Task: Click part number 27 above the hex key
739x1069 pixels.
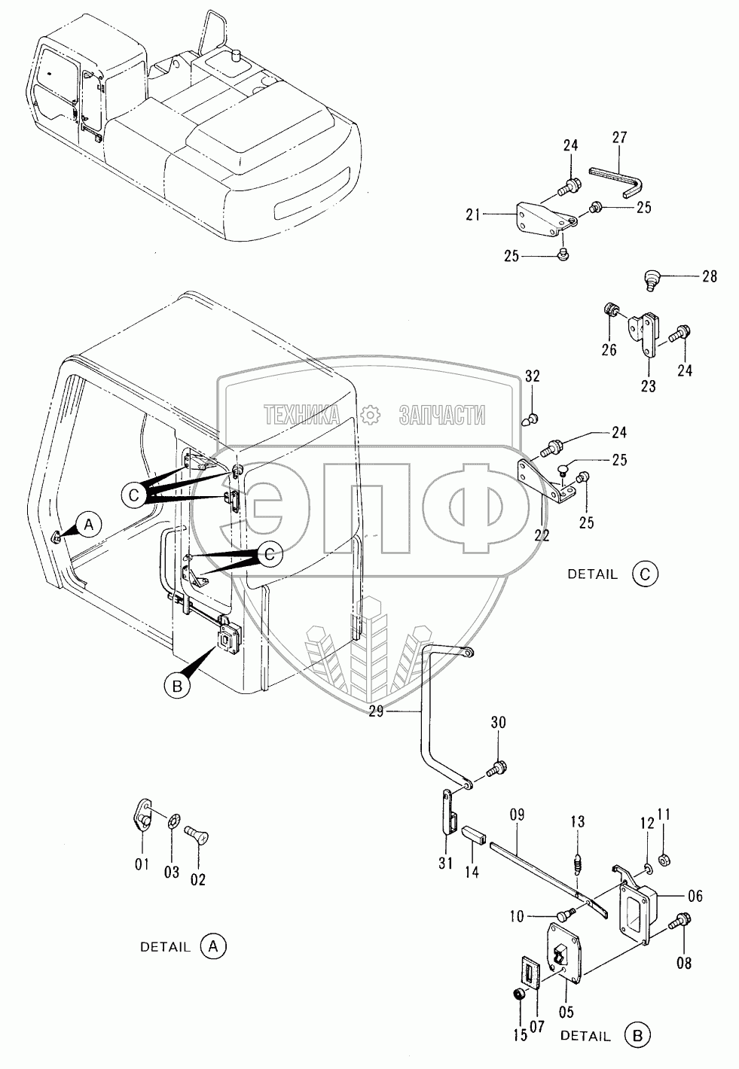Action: point(619,138)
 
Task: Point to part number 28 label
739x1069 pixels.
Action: point(710,277)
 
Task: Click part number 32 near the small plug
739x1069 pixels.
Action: point(533,377)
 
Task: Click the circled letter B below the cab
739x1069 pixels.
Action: point(176,685)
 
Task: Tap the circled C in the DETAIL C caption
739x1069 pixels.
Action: point(645,574)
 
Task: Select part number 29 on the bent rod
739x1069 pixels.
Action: point(379,710)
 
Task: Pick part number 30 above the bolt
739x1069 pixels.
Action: point(498,723)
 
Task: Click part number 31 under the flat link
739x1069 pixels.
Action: point(445,863)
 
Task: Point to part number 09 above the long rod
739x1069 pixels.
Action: point(517,815)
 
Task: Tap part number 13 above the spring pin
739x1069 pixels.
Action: point(577,821)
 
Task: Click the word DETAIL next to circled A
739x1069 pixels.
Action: point(165,947)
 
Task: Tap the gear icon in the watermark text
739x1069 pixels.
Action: point(369,414)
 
